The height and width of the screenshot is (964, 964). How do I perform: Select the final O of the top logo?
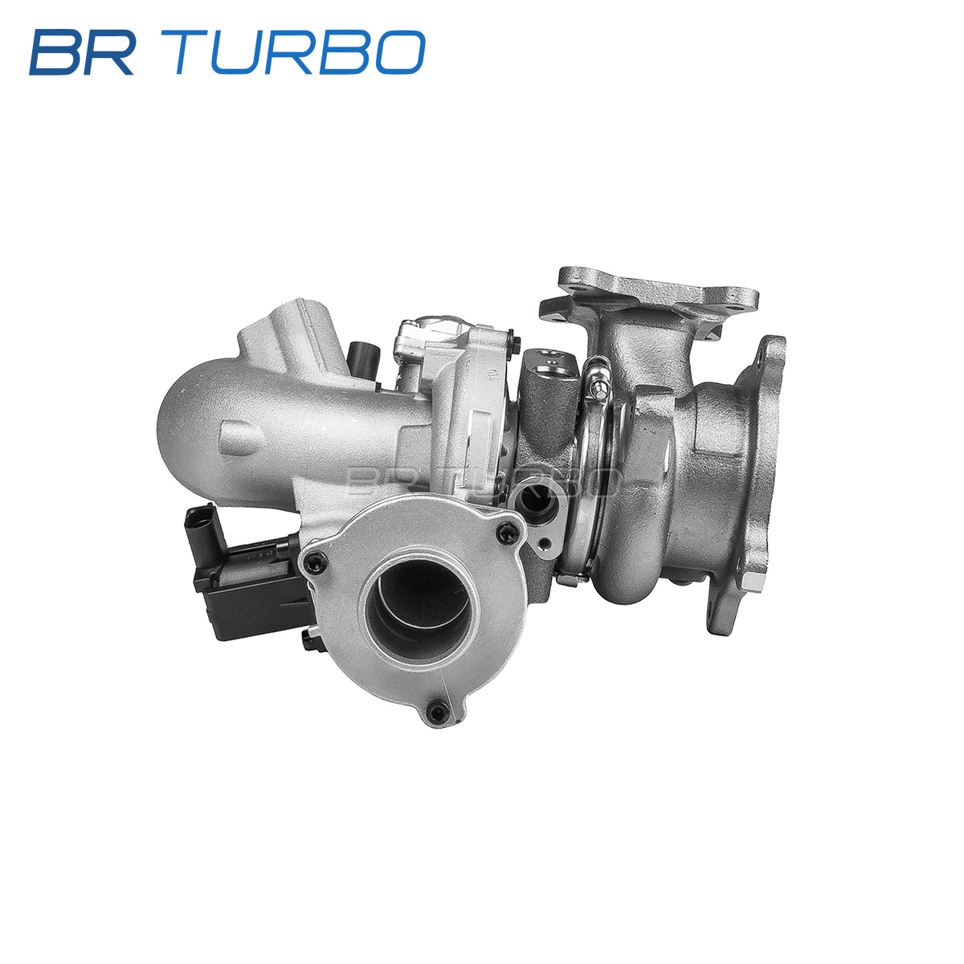coord(400,52)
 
